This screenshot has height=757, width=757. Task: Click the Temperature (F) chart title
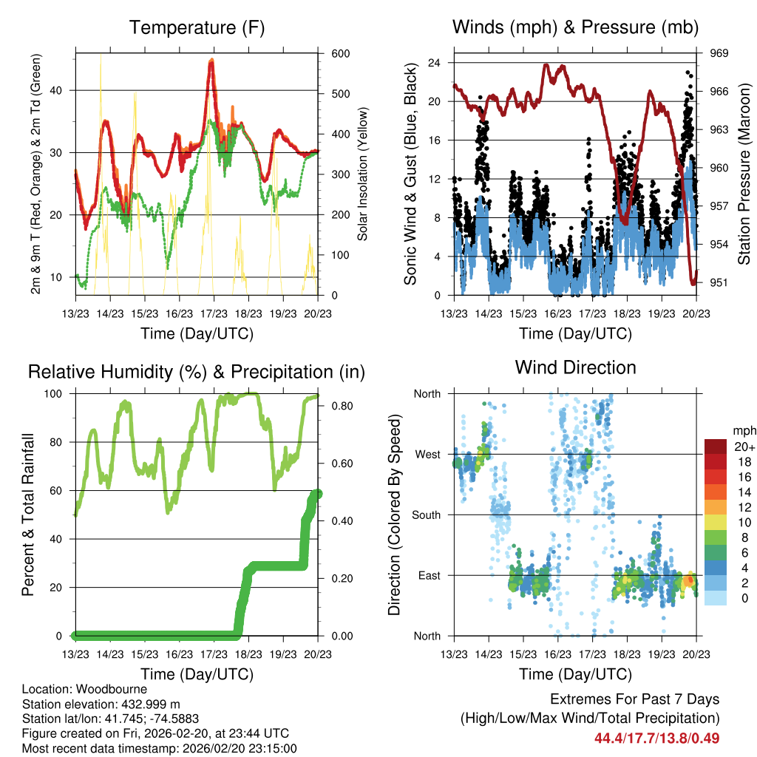[197, 28]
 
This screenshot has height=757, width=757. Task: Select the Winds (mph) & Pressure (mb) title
[575, 28]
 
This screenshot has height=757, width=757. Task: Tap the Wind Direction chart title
[575, 367]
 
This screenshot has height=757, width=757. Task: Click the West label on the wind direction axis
[427, 454]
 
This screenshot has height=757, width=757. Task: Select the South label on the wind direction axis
[426, 515]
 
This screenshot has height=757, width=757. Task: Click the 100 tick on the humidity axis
[60, 394]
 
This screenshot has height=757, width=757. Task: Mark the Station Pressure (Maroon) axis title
[744, 174]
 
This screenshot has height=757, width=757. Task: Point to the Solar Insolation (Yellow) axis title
[363, 174]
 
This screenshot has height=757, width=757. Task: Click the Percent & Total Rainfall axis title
[28, 515]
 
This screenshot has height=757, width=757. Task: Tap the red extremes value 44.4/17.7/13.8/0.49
[656, 738]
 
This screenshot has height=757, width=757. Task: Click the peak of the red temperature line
[211, 62]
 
